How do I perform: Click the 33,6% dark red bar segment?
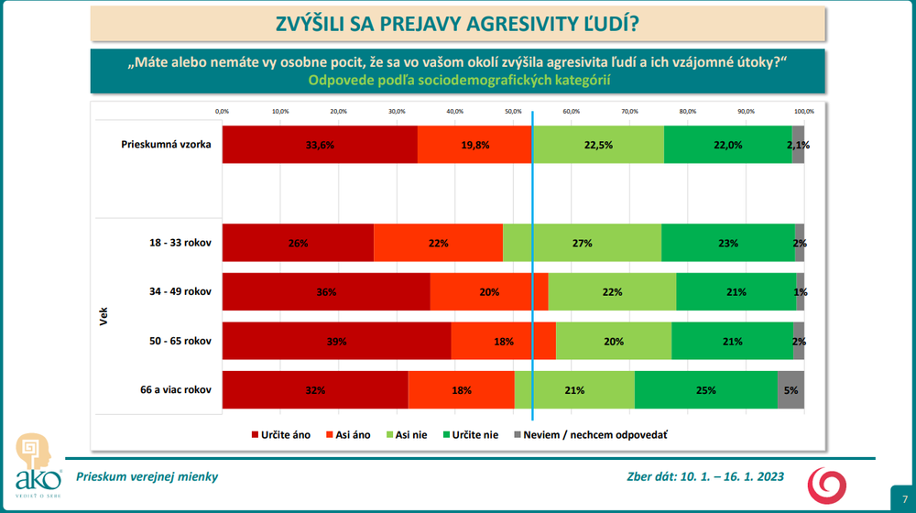320,144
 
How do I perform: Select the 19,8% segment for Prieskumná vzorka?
474,144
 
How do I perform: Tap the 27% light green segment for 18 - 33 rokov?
582,243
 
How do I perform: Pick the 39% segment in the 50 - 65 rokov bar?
336,341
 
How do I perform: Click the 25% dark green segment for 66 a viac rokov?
705,389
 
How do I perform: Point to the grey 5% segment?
791,389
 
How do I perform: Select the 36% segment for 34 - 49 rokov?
326,292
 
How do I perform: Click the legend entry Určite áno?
280,434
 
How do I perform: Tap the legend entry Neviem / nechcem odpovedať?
590,434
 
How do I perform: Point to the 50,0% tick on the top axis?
513,111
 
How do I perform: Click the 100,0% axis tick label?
803,111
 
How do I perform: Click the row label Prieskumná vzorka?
167,144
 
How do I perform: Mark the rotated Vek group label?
103,316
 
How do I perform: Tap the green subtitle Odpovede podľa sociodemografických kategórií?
459,80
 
